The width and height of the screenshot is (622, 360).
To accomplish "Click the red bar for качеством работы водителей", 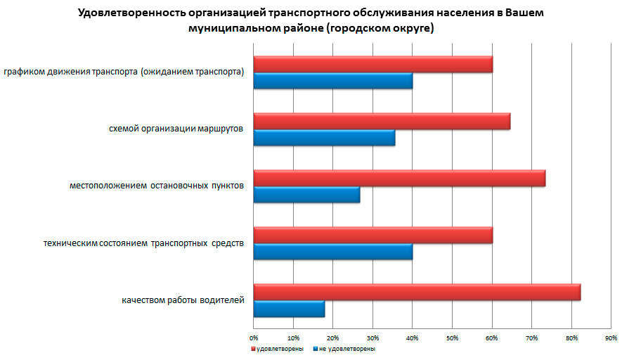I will pyautogui.click(x=417, y=292).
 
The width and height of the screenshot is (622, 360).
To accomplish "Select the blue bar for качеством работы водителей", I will pyautogui.click(x=289, y=309).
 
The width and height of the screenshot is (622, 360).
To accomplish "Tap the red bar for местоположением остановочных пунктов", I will pyautogui.click(x=399, y=178).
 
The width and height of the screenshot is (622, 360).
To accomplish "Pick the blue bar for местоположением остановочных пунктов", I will pyautogui.click(x=306, y=195).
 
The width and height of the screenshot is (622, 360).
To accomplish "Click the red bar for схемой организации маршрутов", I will pyautogui.click(x=382, y=121).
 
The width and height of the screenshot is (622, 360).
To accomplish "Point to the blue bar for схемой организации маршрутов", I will pyautogui.click(x=324, y=138).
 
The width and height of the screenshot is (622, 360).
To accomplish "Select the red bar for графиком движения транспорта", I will pyautogui.click(x=372, y=64).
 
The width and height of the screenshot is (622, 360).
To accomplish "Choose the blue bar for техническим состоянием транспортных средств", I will pyautogui.click(x=332, y=252).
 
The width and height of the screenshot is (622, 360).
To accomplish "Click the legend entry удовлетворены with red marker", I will pyautogui.click(x=278, y=349).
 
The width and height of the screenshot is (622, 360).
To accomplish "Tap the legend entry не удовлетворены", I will pyautogui.click(x=345, y=349).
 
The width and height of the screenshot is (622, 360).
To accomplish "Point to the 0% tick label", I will pyautogui.click(x=254, y=338).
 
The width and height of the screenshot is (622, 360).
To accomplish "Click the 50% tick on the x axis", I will pyautogui.click(x=453, y=338).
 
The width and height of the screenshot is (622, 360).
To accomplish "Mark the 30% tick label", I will pyautogui.click(x=373, y=338).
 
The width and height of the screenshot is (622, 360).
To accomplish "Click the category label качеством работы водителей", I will pyautogui.click(x=183, y=301).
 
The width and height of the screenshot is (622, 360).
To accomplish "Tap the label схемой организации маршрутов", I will pyautogui.click(x=176, y=129).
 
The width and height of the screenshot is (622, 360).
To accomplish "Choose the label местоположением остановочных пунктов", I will pyautogui.click(x=157, y=186).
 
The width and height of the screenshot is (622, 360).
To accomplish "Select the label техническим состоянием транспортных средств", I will pyautogui.click(x=143, y=243).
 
